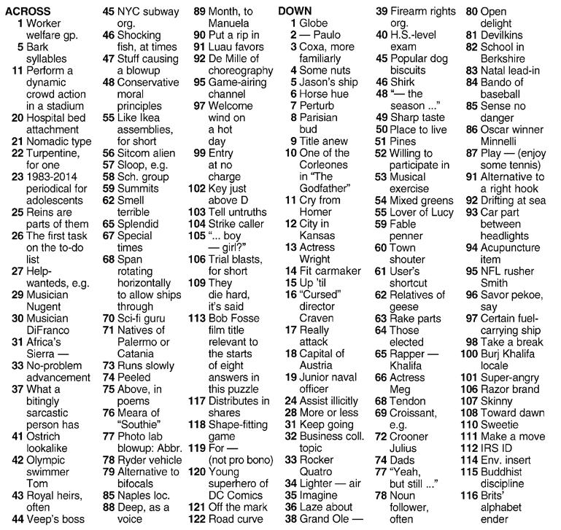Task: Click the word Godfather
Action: [323, 189]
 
